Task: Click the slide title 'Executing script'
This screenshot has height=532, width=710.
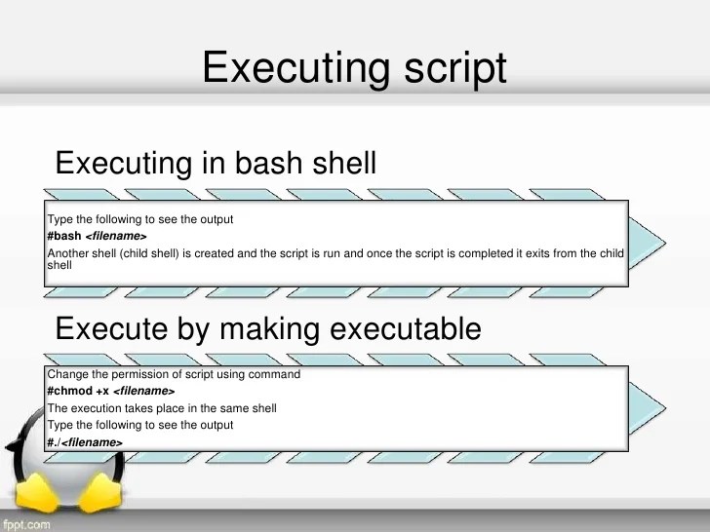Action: (354, 68)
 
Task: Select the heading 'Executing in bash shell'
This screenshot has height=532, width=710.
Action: (216, 162)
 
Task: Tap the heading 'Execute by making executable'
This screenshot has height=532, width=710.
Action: (268, 328)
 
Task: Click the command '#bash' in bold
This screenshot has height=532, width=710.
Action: (64, 237)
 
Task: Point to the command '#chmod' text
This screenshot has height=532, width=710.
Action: (69, 392)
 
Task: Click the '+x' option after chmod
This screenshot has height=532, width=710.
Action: (102, 392)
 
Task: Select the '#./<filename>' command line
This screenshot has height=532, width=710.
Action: (85, 442)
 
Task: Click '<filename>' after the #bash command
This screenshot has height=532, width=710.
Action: (116, 237)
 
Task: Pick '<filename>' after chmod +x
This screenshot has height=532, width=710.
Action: (144, 392)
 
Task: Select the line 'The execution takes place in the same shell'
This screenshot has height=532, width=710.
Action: (162, 408)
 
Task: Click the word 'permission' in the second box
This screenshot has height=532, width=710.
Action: (134, 375)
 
